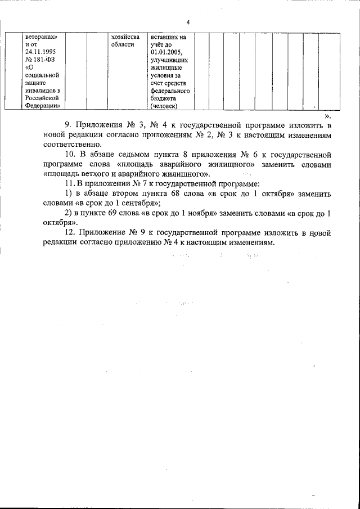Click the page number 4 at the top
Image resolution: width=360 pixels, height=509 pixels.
click(x=187, y=22)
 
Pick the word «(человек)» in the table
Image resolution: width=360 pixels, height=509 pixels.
click(x=164, y=105)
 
